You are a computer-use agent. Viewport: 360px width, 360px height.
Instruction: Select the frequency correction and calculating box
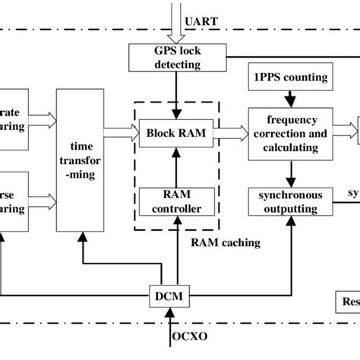[286, 132]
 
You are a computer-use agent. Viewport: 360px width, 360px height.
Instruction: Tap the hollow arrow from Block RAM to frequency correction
[231, 131]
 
